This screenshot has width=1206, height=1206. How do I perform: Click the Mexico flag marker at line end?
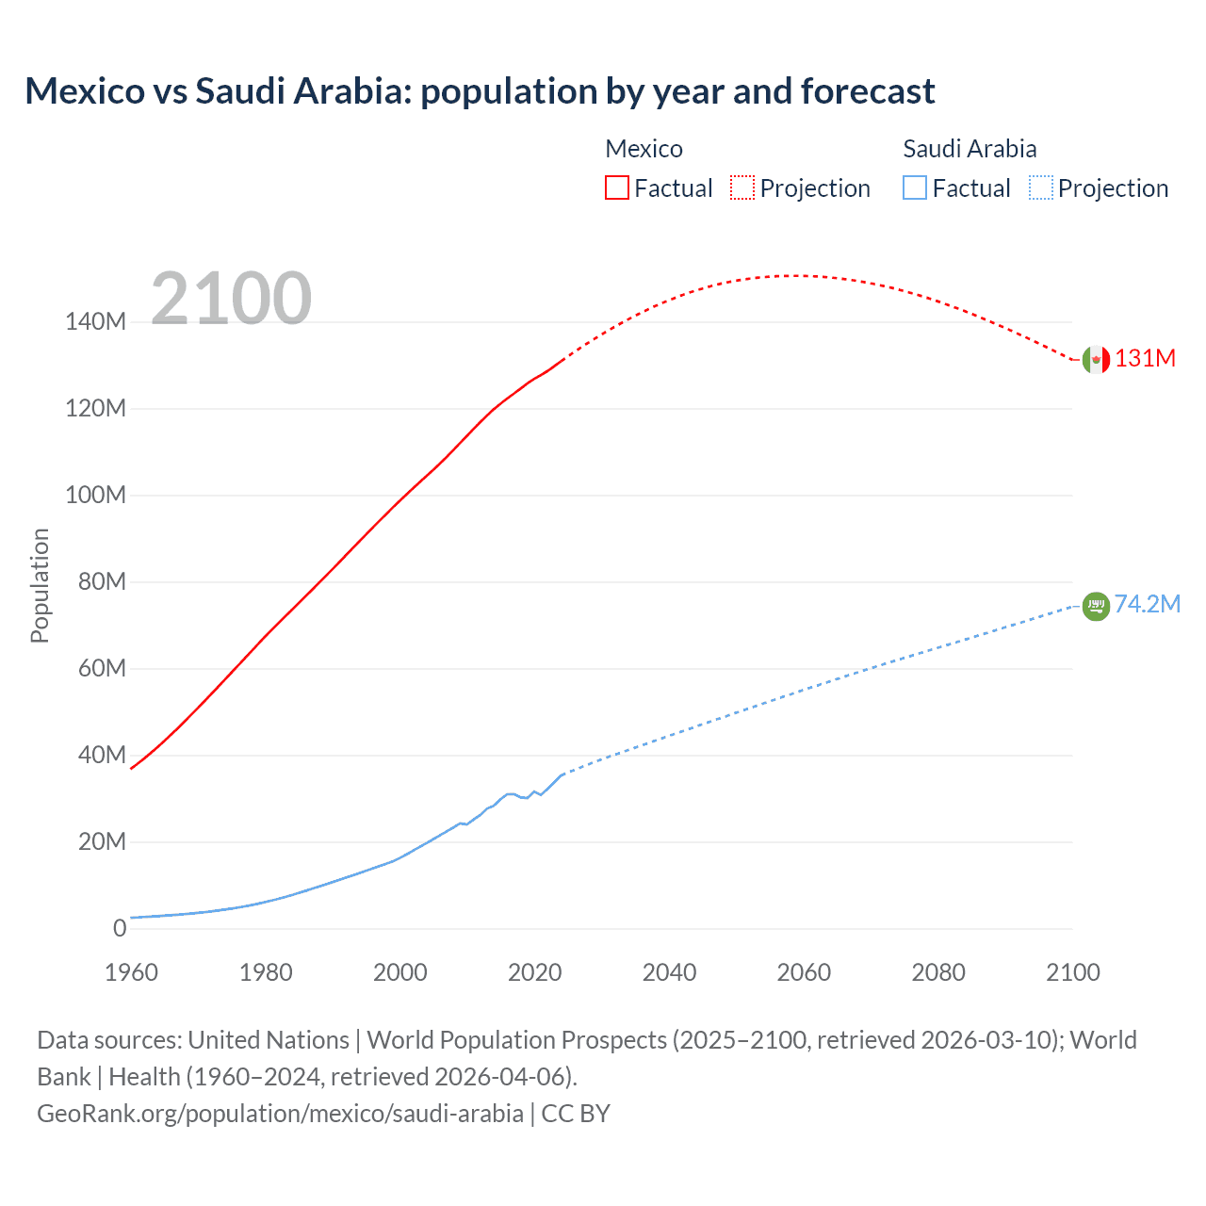click(1096, 359)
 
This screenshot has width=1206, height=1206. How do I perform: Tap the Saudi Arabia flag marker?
click(1096, 606)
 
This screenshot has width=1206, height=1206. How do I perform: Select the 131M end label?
click(1145, 359)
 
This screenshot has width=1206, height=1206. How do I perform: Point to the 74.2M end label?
click(1147, 604)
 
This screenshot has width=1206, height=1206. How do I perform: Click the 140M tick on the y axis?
click(95, 322)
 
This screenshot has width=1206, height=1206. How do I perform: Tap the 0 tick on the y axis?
click(119, 928)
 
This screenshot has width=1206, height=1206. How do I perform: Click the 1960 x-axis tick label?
click(131, 972)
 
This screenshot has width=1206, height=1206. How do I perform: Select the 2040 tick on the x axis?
click(669, 972)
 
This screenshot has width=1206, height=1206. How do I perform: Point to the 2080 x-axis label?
click(937, 972)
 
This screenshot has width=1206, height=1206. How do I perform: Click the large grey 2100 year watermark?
click(231, 299)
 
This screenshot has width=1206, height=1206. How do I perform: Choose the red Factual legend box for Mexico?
click(616, 187)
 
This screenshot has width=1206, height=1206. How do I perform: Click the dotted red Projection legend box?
click(742, 187)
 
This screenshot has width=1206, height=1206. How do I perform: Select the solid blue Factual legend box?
click(915, 187)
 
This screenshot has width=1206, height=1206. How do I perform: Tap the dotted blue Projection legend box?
click(1041, 187)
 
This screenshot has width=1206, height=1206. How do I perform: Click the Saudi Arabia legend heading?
click(970, 149)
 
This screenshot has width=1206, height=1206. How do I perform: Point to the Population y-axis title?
click(40, 585)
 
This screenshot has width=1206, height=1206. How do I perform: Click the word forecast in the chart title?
click(867, 91)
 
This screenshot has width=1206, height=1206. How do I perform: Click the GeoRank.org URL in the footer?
click(280, 1114)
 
